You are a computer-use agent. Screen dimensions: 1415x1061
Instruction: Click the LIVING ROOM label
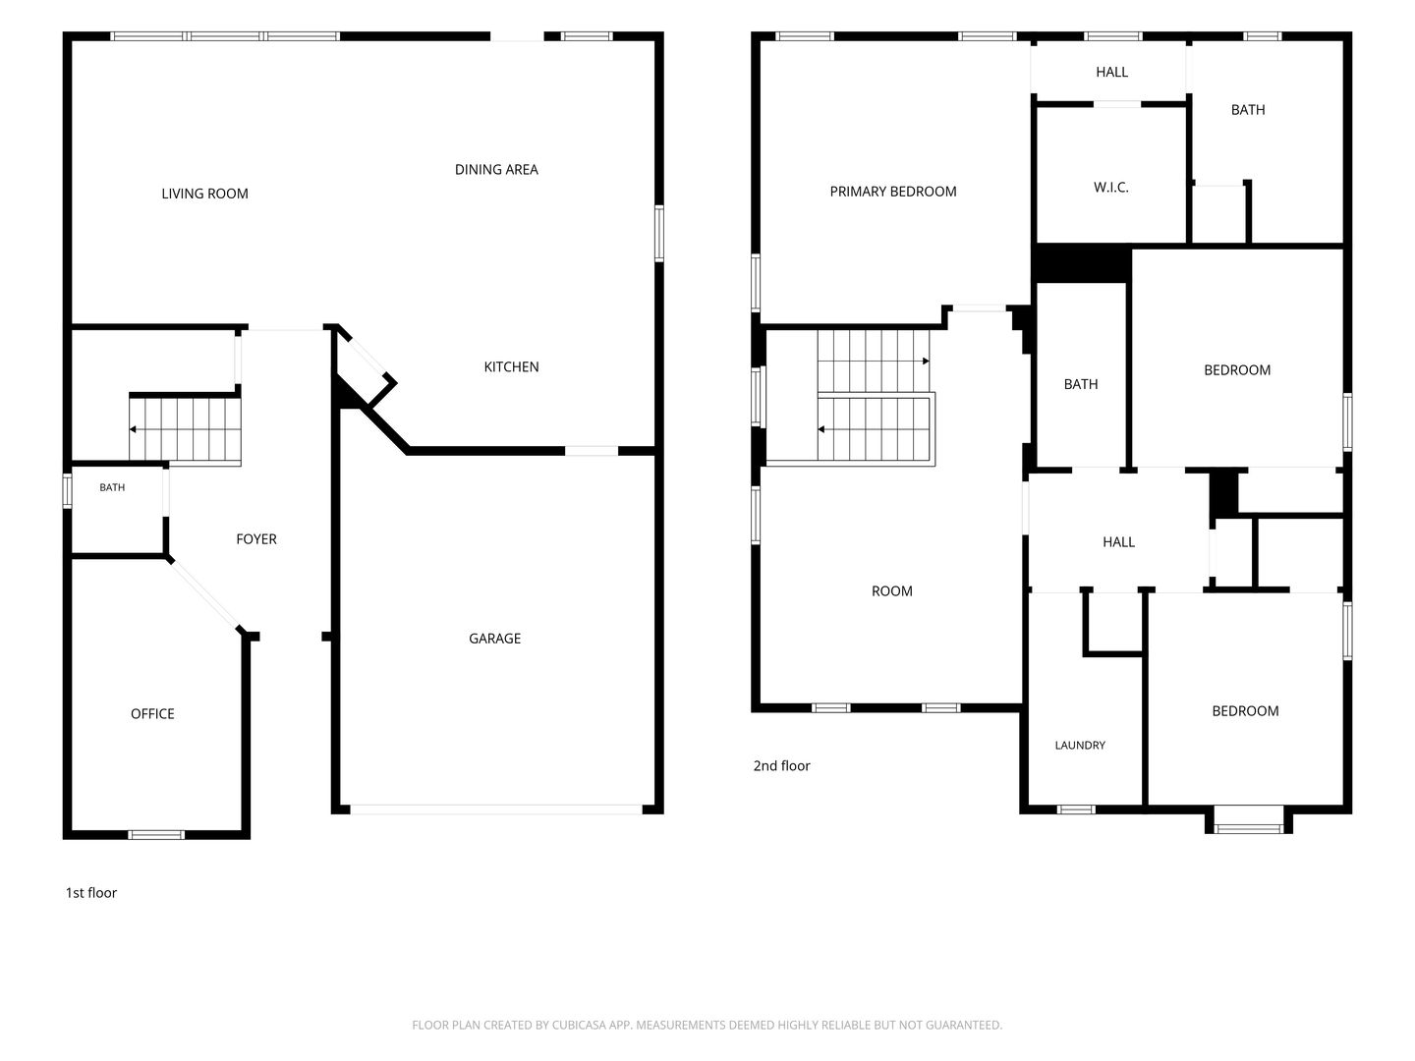(204, 194)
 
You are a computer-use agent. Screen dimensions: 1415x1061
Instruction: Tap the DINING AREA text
(496, 169)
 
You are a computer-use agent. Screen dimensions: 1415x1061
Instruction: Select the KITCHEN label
(511, 366)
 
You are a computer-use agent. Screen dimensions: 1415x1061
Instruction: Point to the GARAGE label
(494, 638)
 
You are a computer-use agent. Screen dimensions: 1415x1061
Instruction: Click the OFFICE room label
(152, 713)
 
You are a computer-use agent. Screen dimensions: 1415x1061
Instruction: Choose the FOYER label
(255, 538)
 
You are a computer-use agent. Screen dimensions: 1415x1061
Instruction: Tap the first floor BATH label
(112, 487)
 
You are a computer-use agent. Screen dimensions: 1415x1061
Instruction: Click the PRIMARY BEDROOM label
(893, 192)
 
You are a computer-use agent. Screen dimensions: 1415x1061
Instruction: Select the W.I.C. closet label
(1110, 188)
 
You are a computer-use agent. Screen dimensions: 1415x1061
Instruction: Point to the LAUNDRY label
(1080, 745)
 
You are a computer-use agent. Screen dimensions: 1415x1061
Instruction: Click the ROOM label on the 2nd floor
(891, 590)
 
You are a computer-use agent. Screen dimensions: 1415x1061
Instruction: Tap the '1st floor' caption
(91, 892)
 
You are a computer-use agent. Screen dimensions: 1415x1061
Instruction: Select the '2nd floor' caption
(781, 765)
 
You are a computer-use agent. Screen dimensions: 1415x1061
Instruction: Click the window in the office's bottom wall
(156, 835)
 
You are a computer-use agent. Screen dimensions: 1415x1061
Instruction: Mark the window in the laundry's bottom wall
(1076, 810)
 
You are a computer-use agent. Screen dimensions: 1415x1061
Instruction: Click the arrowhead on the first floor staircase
(132, 429)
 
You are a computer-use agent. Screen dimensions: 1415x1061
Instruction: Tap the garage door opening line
(495, 810)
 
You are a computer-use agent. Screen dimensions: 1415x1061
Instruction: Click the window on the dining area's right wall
(658, 233)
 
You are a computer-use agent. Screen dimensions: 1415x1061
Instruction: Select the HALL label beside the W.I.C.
(1111, 72)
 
